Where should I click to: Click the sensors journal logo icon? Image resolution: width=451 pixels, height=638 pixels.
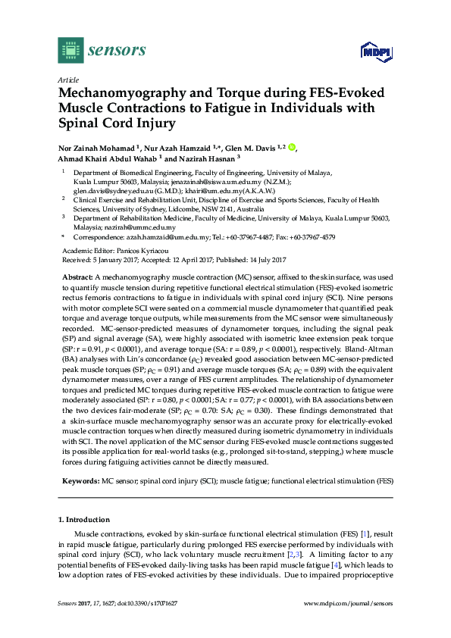70,51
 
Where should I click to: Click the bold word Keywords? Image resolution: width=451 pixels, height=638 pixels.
80,480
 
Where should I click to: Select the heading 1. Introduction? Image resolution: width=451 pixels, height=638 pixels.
84,520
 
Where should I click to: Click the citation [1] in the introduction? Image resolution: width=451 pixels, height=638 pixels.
365,535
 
